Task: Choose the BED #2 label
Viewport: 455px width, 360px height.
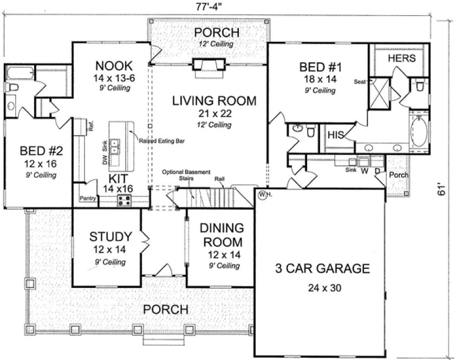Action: point(38,150)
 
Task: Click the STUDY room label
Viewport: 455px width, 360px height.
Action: point(110,237)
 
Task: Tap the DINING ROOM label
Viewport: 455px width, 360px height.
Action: point(220,234)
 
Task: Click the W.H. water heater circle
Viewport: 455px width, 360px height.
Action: point(263,194)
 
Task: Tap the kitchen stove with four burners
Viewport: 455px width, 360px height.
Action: point(125,201)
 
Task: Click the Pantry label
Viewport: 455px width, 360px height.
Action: point(88,199)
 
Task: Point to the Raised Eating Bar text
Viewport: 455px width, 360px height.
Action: point(162,140)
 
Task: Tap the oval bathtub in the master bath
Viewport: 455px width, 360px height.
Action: point(418,131)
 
